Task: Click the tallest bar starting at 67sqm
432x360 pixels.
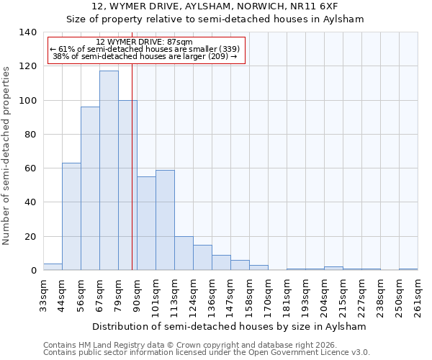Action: [x=109, y=171]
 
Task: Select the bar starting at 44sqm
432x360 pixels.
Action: [x=71, y=217]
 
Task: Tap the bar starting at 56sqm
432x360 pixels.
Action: [x=90, y=189]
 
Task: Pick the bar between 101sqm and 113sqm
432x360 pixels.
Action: [x=165, y=220]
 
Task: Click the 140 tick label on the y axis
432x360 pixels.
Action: [x=27, y=32]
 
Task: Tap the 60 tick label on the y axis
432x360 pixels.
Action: [x=30, y=168]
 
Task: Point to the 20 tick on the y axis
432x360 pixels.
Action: [x=30, y=237]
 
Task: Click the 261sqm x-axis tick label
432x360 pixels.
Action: [x=418, y=295]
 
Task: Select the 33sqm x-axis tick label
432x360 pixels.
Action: [x=43, y=295]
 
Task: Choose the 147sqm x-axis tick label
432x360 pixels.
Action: [x=230, y=295]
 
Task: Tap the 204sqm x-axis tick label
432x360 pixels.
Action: [x=324, y=295]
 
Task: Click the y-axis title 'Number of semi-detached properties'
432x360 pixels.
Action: [x=7, y=155]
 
